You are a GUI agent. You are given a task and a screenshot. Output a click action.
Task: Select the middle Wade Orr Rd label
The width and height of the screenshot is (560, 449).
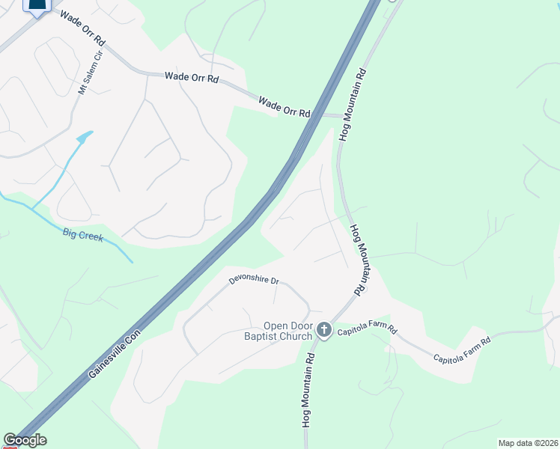tap(192, 76)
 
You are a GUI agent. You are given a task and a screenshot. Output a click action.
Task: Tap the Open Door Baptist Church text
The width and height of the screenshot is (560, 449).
tap(290, 331)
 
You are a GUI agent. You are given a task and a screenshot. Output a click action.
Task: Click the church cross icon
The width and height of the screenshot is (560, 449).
tap(324, 330)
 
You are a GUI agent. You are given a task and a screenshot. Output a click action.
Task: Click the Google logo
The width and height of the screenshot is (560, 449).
tap(24, 440)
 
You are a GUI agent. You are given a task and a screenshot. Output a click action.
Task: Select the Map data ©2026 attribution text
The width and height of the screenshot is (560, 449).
tap(528, 443)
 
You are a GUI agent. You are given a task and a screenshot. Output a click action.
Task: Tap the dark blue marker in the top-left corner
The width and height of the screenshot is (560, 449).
tap(36, 6)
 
